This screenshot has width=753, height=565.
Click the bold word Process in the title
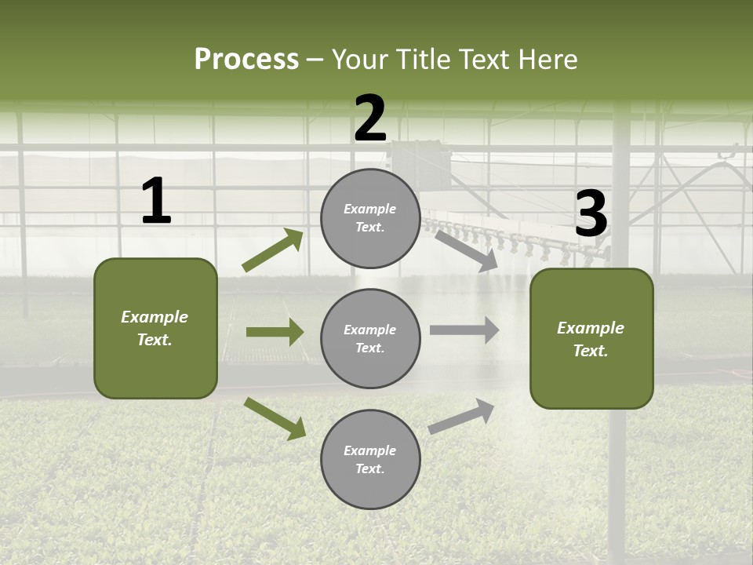click(246, 60)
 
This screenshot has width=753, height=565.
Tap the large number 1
click(156, 202)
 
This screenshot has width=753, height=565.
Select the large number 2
click(370, 118)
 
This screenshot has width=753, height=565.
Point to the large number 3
click(591, 214)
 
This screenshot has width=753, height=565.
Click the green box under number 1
click(155, 328)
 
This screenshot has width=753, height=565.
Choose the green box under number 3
click(591, 338)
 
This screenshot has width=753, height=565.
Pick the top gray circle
click(370, 218)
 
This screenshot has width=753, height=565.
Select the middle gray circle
click(370, 338)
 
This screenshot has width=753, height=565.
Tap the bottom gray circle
click(370, 459)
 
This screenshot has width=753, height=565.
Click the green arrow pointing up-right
click(273, 250)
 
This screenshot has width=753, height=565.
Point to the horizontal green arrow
click(275, 332)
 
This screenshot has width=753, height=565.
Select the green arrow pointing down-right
click(275, 418)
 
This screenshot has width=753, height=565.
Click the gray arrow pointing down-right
click(466, 250)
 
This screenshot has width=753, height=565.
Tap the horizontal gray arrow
click(464, 330)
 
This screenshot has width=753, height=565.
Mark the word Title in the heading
click(421, 60)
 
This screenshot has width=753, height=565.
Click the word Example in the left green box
click(155, 317)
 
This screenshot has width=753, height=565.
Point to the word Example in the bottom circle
click(370, 450)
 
